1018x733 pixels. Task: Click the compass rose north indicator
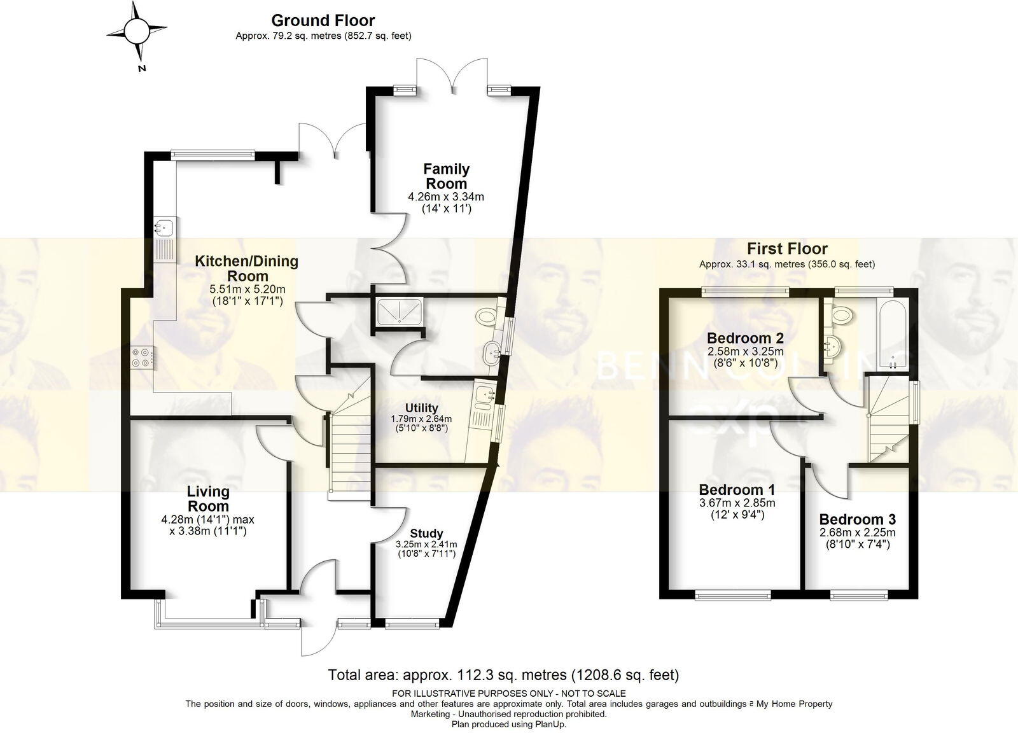click(x=136, y=30)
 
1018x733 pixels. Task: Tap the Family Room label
click(x=446, y=176)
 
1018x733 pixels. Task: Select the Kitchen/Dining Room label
click(x=246, y=269)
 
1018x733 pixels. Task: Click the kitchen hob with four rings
click(x=143, y=356)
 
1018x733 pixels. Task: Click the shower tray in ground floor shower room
click(x=399, y=311)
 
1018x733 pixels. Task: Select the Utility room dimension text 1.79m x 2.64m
click(x=421, y=419)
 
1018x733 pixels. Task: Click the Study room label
click(x=426, y=533)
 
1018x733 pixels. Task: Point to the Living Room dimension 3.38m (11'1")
click(x=208, y=531)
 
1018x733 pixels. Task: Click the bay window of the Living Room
click(x=210, y=620)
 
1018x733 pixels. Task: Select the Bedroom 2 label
click(x=745, y=338)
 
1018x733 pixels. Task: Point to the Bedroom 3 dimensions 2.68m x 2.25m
click(x=857, y=533)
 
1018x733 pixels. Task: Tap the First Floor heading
click(x=787, y=249)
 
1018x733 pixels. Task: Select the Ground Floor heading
click(x=323, y=20)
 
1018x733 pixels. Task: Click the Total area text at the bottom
click(x=503, y=674)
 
